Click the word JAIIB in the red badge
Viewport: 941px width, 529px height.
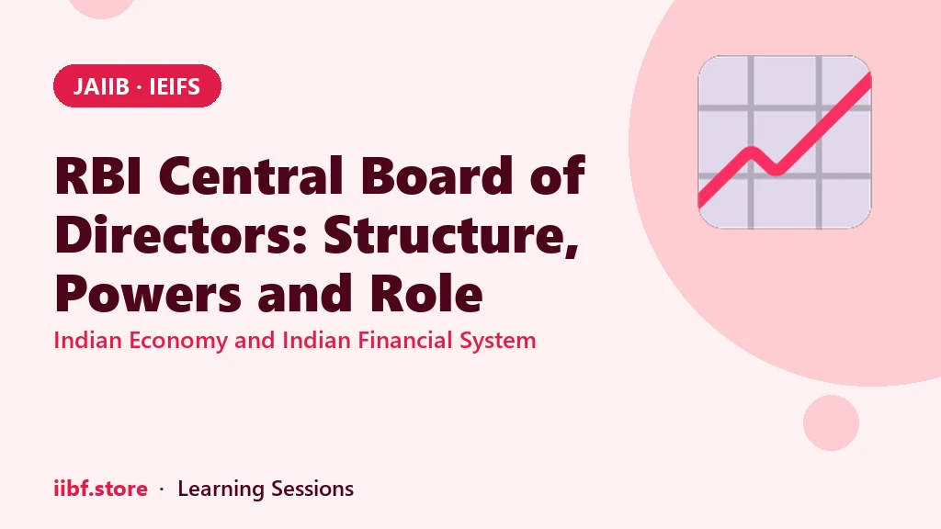point(101,87)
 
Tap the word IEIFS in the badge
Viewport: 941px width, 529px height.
point(174,87)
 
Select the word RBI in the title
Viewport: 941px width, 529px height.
point(97,175)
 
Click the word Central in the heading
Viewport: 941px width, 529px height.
point(251,175)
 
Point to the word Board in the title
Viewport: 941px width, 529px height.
point(436,175)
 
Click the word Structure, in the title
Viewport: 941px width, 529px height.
point(451,236)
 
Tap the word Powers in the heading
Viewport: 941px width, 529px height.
point(148,294)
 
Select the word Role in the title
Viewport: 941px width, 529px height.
point(425,293)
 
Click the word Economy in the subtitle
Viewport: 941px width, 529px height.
point(178,341)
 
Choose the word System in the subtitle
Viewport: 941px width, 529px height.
point(497,341)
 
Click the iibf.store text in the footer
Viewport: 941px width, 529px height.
point(100,489)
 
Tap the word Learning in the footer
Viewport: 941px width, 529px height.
point(221,490)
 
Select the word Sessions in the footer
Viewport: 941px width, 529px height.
point(312,489)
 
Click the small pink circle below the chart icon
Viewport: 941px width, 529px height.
point(831,422)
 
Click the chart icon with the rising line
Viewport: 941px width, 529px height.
point(785,142)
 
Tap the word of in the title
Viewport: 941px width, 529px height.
point(558,175)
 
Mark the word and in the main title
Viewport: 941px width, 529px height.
point(305,293)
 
